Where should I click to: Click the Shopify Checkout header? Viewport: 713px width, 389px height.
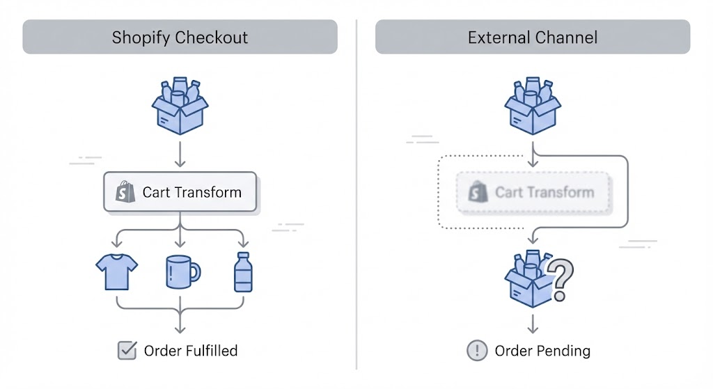coord(180,37)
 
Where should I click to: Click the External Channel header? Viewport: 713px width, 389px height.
coord(533,37)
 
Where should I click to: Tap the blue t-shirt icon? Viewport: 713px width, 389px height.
coord(116,271)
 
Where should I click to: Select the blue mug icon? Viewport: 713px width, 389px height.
coord(182,271)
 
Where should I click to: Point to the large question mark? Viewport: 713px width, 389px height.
coord(561,279)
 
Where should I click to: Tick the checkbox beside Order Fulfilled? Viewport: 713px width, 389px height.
coord(127,351)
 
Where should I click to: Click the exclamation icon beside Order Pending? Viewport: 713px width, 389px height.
coord(477,351)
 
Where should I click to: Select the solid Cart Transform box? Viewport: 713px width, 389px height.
coord(180,192)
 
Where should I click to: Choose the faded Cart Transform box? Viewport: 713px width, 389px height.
coord(533,192)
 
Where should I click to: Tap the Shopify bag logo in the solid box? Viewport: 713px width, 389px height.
coord(125,192)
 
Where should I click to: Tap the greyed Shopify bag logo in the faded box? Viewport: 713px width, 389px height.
coord(478,192)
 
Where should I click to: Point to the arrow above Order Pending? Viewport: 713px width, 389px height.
coord(533,324)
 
